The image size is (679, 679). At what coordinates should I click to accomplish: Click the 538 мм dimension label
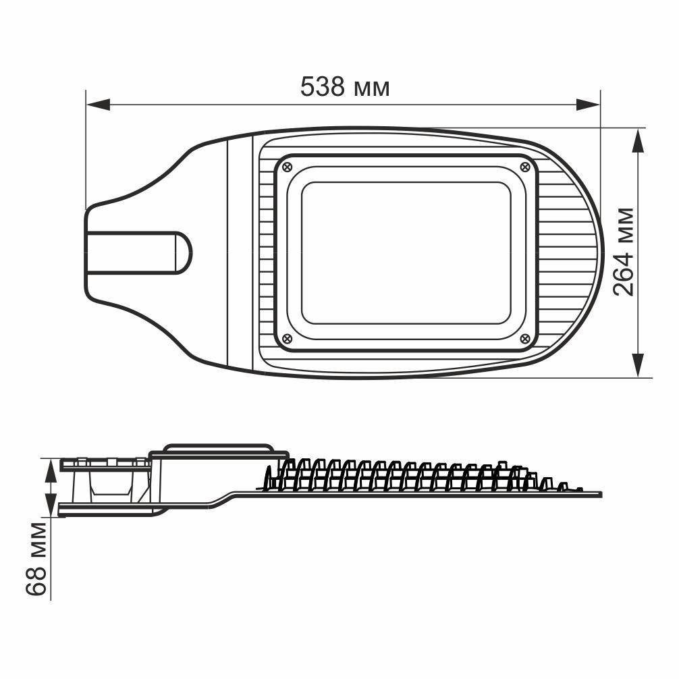coord(345,87)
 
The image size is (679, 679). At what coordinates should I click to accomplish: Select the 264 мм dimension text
coord(624,251)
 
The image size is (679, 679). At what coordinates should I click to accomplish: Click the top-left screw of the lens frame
coord(287,165)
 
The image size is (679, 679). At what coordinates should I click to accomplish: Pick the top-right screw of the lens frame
coord(525,165)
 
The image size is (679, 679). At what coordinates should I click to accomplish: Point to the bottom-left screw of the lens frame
coord(287,338)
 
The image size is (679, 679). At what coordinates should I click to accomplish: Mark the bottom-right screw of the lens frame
coord(525,338)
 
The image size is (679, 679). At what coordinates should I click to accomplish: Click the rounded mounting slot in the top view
coord(138,252)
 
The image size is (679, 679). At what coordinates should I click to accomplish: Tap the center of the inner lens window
coord(406,252)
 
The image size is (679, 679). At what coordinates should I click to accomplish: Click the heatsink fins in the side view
coord(398,475)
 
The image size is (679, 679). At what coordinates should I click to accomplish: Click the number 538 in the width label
coord(323,87)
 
